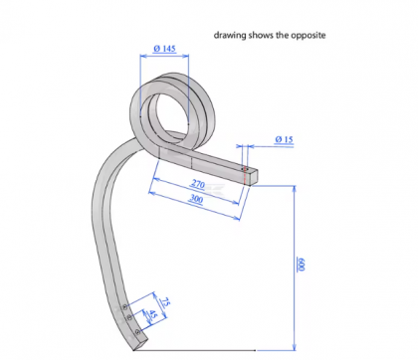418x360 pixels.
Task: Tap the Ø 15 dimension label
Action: click(282, 141)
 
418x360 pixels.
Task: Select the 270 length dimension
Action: click(199, 185)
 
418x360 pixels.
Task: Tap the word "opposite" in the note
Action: click(307, 36)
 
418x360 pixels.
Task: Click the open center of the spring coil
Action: click(165, 103)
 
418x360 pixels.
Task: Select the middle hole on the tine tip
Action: click(128, 314)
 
